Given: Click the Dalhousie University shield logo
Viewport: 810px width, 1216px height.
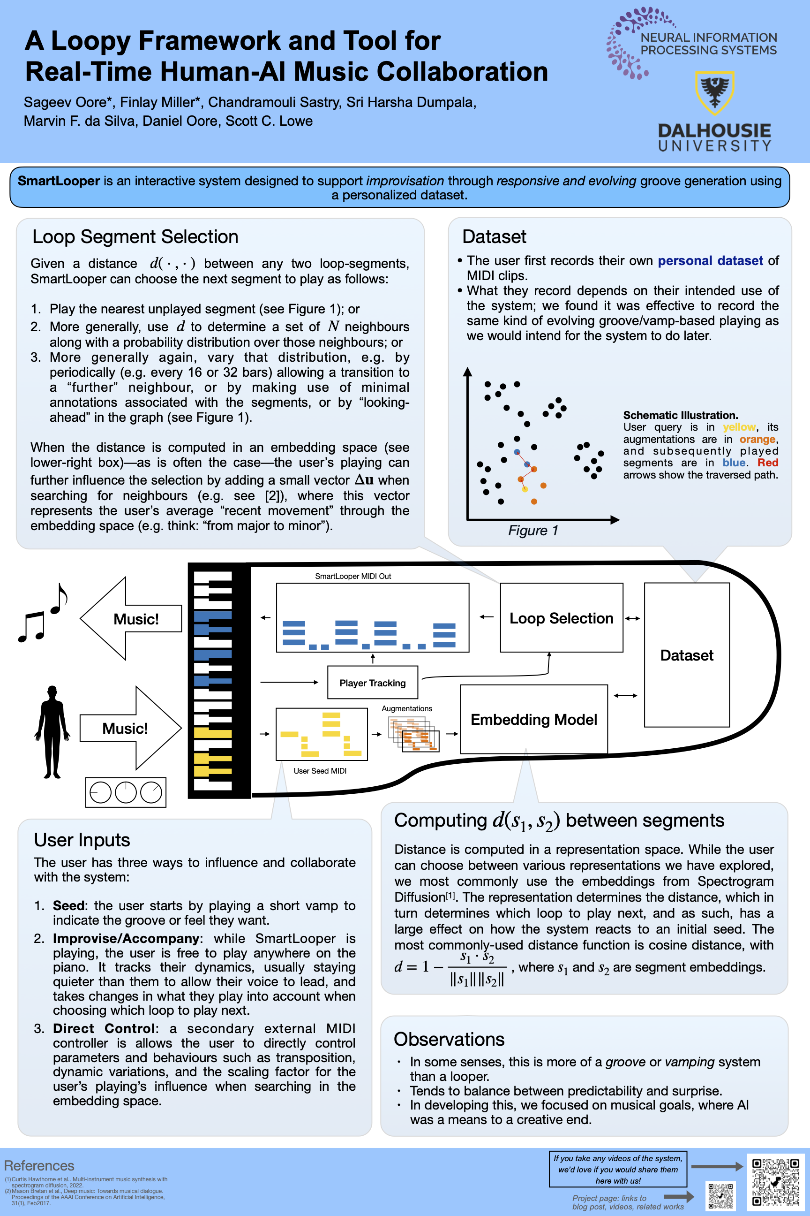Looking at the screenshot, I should click(714, 92).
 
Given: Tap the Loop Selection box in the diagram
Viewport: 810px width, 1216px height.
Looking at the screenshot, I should click(561, 618).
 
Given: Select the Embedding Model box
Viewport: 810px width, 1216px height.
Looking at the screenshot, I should click(533, 719).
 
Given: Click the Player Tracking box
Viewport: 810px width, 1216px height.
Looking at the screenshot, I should click(373, 683).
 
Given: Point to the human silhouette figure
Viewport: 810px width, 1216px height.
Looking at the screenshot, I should click(52, 731).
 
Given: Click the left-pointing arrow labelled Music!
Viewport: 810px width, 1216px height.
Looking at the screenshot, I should click(132, 619).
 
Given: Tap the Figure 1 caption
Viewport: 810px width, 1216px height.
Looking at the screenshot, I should click(533, 531).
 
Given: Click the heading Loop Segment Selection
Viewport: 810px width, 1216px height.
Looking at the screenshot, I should click(135, 237).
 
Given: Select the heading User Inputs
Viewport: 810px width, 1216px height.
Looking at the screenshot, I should click(82, 840).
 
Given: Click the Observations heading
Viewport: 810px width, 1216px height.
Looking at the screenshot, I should click(449, 1039).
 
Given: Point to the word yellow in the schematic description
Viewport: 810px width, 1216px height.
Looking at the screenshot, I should click(739, 427).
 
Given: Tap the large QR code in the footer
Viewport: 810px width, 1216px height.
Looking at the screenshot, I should click(775, 1182).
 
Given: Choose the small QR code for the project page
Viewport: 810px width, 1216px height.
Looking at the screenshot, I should click(720, 1196).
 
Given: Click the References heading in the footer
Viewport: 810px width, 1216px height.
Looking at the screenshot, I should click(39, 1166).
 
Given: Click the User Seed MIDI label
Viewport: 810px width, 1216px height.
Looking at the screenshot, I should click(320, 771).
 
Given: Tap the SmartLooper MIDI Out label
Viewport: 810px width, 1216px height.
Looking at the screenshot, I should click(353, 577).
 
